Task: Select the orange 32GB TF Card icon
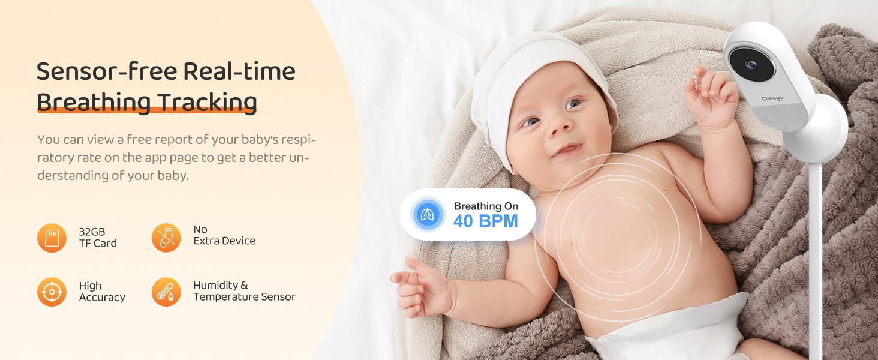(52, 238)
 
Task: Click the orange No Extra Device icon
(166, 238)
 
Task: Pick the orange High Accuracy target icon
(52, 292)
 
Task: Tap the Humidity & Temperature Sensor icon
(166, 292)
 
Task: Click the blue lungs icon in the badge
(428, 215)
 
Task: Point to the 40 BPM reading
(486, 221)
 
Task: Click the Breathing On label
(486, 206)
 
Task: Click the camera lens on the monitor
(750, 65)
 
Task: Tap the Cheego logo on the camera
(772, 98)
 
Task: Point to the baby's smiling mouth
(567, 149)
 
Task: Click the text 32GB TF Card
(98, 238)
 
